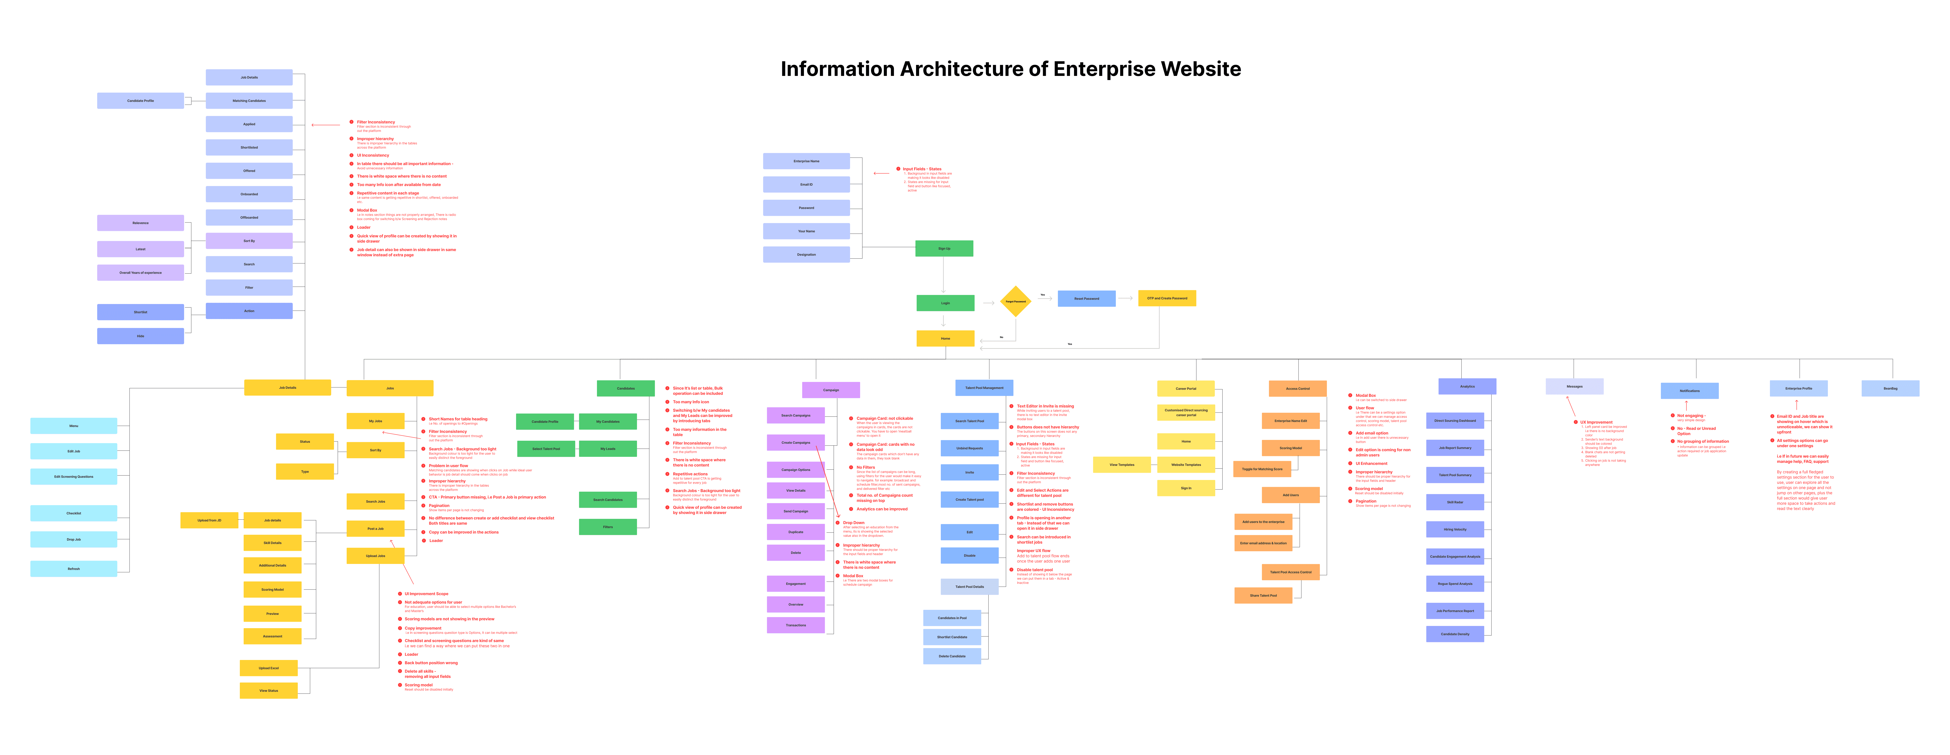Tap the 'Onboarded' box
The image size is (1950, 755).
pyautogui.click(x=249, y=194)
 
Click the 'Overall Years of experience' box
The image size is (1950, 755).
pyautogui.click(x=140, y=273)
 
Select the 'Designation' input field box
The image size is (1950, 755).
pyautogui.click(x=806, y=254)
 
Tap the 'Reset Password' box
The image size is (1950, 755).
pyautogui.click(x=1086, y=298)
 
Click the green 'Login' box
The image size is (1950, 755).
pyautogui.click(x=945, y=303)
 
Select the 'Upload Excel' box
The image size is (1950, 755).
pyautogui.click(x=269, y=668)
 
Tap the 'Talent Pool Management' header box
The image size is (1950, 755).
pyautogui.click(x=984, y=388)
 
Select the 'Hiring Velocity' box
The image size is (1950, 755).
pyautogui.click(x=1454, y=529)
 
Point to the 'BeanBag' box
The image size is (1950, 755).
pyautogui.click(x=1890, y=389)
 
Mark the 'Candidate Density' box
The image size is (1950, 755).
pyautogui.click(x=1454, y=634)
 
